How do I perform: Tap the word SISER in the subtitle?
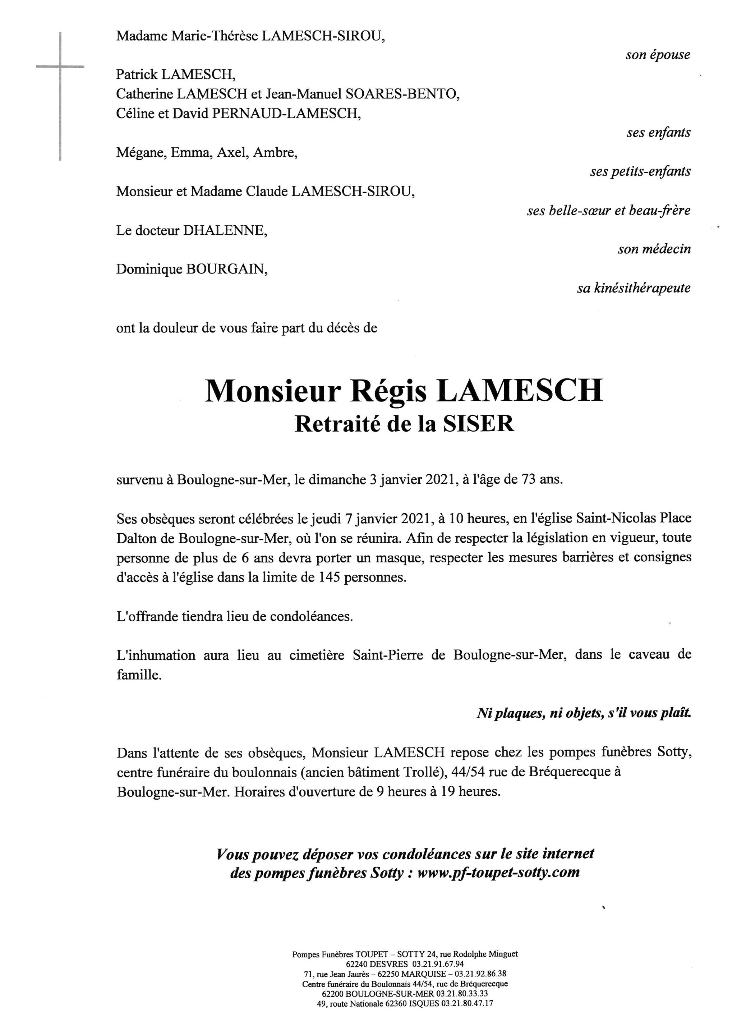point(478,424)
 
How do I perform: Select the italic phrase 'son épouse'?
point(658,55)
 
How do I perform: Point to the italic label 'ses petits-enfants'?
point(640,172)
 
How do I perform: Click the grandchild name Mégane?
point(140,153)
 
